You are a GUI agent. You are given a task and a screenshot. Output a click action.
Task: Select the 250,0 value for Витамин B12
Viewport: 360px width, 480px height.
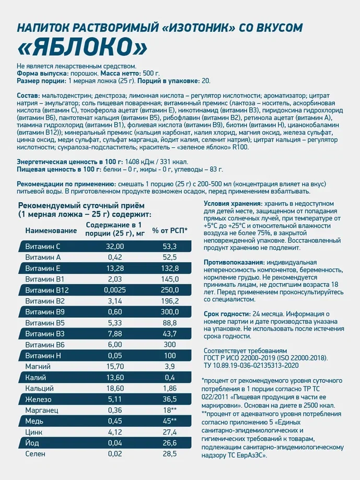pos(170,290)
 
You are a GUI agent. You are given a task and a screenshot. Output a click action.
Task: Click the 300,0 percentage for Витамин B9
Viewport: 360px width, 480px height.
pos(170,312)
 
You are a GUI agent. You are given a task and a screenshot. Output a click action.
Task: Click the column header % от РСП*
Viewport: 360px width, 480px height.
pos(170,229)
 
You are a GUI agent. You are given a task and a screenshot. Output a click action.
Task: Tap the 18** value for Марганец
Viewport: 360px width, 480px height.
pos(170,410)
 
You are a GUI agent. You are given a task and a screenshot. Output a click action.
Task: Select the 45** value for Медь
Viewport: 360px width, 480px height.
pos(170,421)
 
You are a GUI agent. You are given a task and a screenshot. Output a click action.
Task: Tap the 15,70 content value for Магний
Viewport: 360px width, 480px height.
pos(114,367)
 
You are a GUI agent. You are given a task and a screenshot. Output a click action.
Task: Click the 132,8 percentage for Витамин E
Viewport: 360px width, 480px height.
pos(170,268)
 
